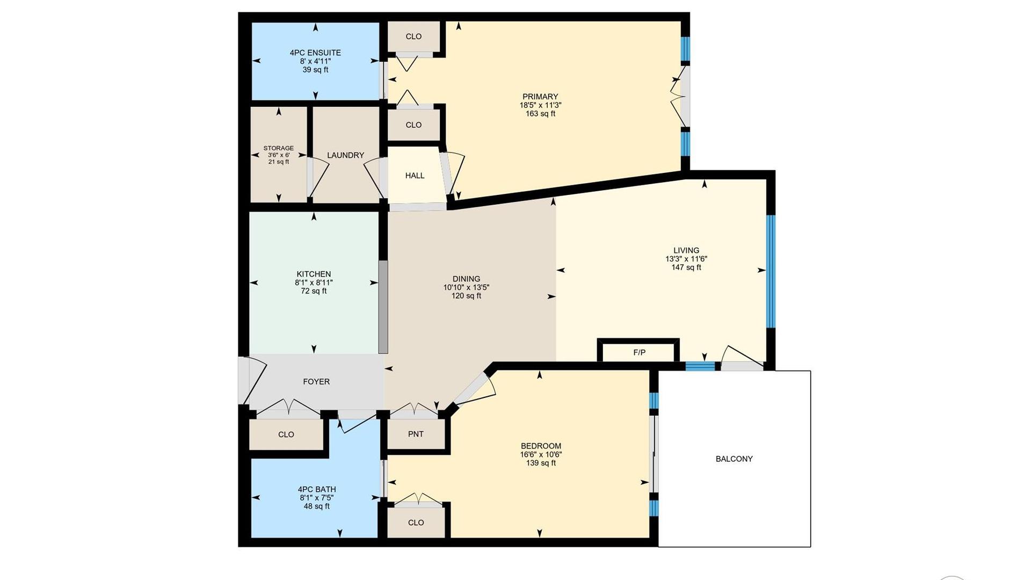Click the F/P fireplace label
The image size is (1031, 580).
639,353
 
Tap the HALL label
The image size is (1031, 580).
415,176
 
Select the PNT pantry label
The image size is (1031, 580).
416,434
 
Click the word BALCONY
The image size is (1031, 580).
734,459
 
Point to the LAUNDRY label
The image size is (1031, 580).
345,155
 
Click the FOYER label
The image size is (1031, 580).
316,381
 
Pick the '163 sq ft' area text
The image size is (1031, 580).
540,114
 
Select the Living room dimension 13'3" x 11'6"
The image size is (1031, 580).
686,259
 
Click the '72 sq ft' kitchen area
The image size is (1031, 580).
314,291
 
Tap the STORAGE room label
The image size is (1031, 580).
278,148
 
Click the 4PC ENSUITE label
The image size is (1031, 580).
315,53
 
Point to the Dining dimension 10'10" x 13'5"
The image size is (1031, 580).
466,287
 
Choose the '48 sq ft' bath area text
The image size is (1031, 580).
317,506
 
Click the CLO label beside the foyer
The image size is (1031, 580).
286,434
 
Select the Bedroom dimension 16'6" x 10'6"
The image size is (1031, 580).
541,454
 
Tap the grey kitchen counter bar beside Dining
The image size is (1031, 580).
383,307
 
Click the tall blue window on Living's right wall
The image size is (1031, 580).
771,271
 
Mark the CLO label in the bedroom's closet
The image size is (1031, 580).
416,523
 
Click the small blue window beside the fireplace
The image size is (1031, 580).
700,366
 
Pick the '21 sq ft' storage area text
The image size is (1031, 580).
279,162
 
